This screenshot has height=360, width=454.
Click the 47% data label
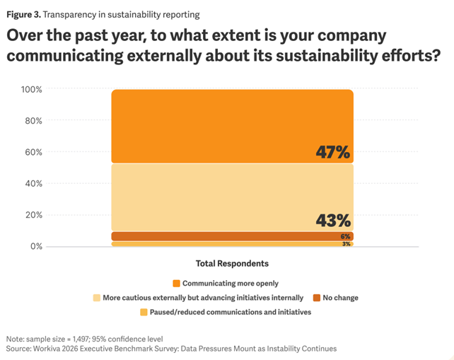(x=332, y=152)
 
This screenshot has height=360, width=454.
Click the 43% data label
(x=333, y=221)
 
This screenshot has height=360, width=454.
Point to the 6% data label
(x=346, y=236)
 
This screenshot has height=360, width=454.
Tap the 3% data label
(x=346, y=244)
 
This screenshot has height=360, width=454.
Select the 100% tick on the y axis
(x=32, y=89)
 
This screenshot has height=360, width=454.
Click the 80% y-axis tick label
(x=33, y=120)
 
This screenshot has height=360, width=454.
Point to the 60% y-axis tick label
(x=33, y=152)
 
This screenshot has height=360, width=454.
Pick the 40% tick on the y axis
(x=33, y=183)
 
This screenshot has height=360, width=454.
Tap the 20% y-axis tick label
(x=33, y=215)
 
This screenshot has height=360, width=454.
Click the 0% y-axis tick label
(x=36, y=246)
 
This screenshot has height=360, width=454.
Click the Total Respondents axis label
(x=232, y=264)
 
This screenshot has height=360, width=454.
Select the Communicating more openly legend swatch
(x=177, y=284)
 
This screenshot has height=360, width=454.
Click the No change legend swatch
(x=318, y=298)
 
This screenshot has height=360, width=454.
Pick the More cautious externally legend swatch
(x=97, y=298)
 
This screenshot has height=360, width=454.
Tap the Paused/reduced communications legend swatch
(x=144, y=312)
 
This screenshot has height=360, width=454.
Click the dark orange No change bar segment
(x=232, y=236)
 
